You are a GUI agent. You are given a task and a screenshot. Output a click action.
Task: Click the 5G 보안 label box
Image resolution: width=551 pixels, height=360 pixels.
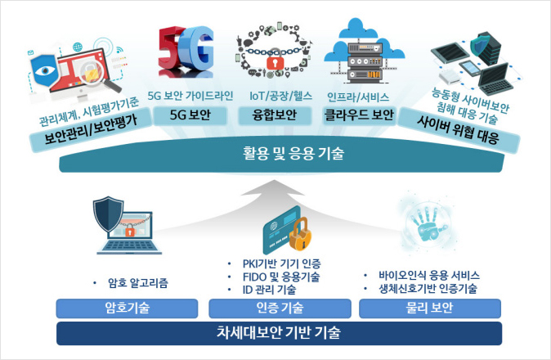click(x=190, y=115)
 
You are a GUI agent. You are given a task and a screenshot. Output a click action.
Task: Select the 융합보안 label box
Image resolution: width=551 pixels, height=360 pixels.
click(x=275, y=115)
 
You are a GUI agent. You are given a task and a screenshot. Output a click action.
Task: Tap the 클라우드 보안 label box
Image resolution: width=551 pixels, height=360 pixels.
click(x=359, y=115)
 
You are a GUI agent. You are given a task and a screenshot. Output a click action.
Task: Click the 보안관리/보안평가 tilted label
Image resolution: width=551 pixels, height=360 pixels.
click(x=91, y=130)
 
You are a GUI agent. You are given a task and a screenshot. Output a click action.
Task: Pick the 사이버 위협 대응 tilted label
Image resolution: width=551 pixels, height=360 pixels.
click(x=459, y=130)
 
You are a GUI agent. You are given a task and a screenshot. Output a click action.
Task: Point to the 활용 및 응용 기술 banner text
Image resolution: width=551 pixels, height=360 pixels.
click(x=293, y=154)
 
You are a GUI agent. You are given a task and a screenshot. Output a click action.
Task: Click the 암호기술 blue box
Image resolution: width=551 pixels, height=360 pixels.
click(x=127, y=308)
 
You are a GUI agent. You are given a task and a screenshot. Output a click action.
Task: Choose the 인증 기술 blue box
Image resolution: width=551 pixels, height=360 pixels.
click(x=280, y=308)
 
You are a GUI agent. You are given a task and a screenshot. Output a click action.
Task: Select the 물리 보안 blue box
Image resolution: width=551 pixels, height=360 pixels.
click(x=430, y=308)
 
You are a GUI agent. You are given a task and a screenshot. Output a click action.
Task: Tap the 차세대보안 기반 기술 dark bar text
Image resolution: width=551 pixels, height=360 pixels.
click(x=279, y=332)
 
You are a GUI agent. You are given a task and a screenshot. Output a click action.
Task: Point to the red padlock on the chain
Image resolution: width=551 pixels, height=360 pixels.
click(x=275, y=62)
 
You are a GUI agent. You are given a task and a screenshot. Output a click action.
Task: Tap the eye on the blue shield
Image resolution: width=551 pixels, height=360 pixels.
click(x=45, y=70)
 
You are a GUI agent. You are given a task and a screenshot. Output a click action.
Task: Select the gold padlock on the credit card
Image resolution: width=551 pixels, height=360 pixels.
click(x=301, y=235)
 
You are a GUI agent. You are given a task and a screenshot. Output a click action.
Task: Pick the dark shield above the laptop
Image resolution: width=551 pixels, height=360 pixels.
click(x=108, y=214)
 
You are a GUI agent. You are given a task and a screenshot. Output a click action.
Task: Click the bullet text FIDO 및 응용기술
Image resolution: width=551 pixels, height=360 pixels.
click(x=281, y=277)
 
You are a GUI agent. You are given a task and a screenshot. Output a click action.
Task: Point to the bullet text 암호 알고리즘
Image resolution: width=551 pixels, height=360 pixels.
click(x=137, y=283)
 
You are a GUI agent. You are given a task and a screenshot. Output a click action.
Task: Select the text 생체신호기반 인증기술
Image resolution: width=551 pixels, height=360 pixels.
click(x=428, y=289)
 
